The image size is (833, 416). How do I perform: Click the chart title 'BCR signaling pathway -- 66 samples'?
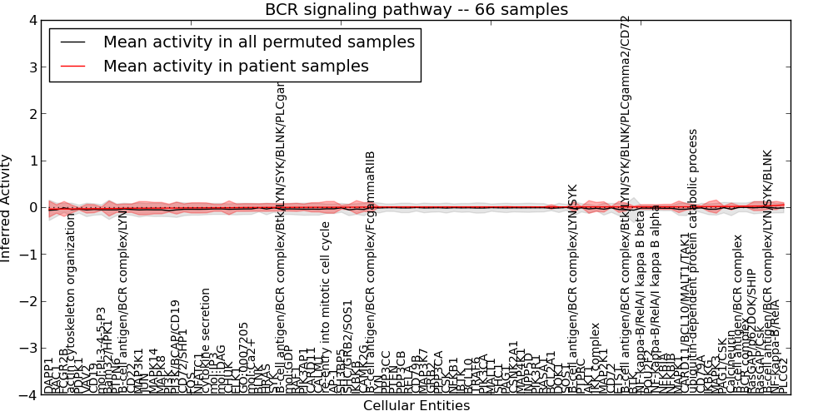(416, 10)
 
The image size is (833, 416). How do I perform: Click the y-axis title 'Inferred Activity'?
(7, 208)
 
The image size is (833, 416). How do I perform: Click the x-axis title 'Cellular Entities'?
(416, 406)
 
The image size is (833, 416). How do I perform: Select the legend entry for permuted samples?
(258, 42)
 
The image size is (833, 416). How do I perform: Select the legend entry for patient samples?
(236, 66)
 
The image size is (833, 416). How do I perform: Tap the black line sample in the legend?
(72, 42)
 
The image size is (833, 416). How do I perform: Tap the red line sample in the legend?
(72, 66)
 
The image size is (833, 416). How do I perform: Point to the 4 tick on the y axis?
(32, 20)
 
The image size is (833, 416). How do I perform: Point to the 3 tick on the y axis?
(32, 67)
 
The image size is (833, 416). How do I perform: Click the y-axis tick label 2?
(32, 114)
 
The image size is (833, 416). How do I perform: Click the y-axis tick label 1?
(32, 161)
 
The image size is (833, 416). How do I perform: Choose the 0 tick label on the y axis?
(32, 208)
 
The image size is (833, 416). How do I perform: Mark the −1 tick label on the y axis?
(29, 255)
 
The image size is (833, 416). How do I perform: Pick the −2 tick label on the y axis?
(29, 301)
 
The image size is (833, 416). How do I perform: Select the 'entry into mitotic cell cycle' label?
(326, 307)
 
